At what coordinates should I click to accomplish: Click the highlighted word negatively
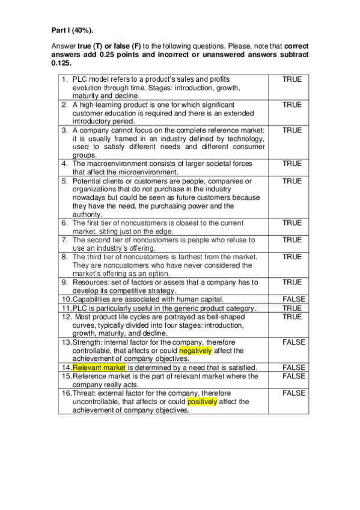(x=195, y=350)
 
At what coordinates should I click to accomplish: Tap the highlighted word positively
(x=203, y=401)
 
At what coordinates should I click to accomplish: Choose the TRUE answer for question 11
(x=292, y=308)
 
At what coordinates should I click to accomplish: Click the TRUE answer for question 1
(x=292, y=79)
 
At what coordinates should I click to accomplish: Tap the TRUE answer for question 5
(x=292, y=181)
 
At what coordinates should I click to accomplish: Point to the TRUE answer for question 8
(x=292, y=257)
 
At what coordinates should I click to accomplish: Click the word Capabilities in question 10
(x=96, y=299)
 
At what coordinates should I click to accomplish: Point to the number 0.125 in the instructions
(x=61, y=63)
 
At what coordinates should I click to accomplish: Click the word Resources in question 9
(x=90, y=282)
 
